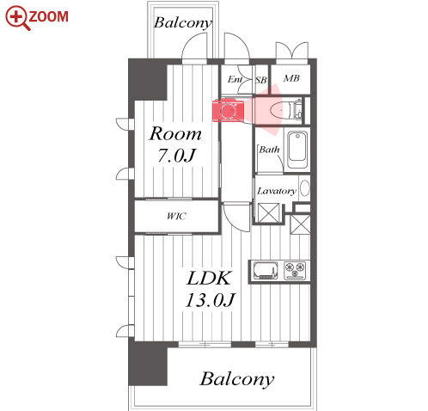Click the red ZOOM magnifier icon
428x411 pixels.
tap(18, 18)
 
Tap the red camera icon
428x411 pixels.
tap(228, 110)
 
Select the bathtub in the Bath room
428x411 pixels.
tap(297, 150)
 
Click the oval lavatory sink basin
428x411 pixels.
tap(305, 188)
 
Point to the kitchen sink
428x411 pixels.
tap(266, 271)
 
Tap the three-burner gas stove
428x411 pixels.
tap(295, 270)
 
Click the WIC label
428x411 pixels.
tap(176, 216)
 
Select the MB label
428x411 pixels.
tap(291, 78)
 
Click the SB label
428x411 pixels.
tap(261, 80)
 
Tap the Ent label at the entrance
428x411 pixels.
tap(235, 79)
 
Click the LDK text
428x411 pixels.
tap(209, 278)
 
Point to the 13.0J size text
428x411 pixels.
tap(211, 300)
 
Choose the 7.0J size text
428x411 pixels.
tap(177, 156)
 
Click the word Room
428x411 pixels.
tap(175, 133)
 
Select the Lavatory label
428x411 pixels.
tap(277, 191)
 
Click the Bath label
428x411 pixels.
tap(269, 150)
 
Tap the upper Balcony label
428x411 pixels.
tap(183, 23)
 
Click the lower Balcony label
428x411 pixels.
tap(237, 379)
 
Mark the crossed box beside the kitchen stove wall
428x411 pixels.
tap(300, 224)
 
